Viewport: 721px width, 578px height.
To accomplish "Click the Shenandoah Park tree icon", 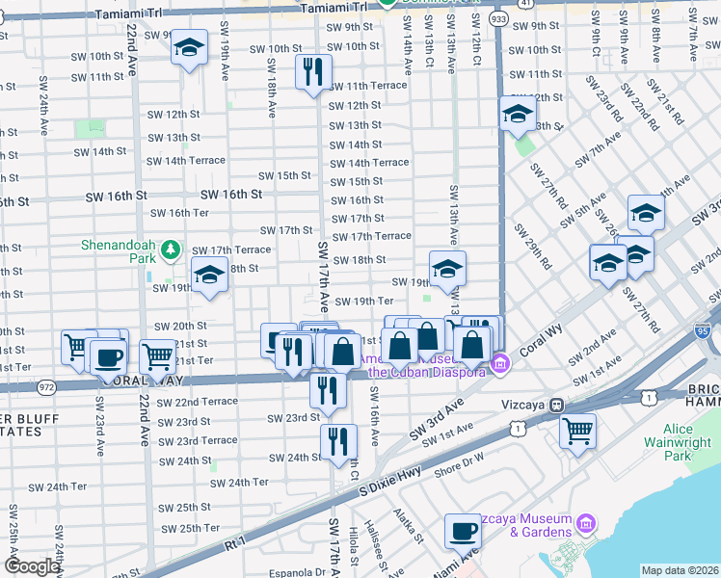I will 172,251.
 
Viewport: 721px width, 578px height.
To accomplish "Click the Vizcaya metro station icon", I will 557,407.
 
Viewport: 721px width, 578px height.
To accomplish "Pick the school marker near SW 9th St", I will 190,47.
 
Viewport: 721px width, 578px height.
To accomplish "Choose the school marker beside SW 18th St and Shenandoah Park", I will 209,276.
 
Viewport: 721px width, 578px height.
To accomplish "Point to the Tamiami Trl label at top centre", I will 334,7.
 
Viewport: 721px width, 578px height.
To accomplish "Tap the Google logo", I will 32,566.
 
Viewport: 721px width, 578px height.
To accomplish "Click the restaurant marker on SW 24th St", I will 338,441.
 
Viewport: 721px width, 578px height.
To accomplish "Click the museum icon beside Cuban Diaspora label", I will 499,364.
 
